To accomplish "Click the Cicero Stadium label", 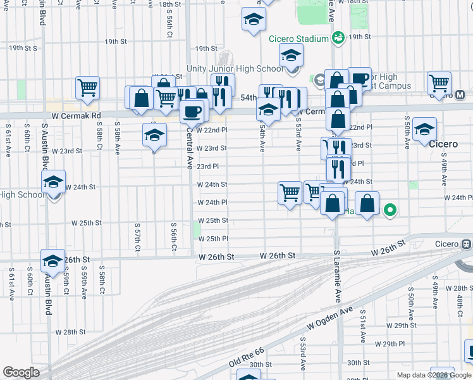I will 298,39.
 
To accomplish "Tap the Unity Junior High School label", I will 235,68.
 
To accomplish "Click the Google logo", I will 21,372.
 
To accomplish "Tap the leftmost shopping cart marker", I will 87,87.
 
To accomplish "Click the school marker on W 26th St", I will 53,259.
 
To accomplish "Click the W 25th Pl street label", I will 212,239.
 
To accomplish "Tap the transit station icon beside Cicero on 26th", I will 467,244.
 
